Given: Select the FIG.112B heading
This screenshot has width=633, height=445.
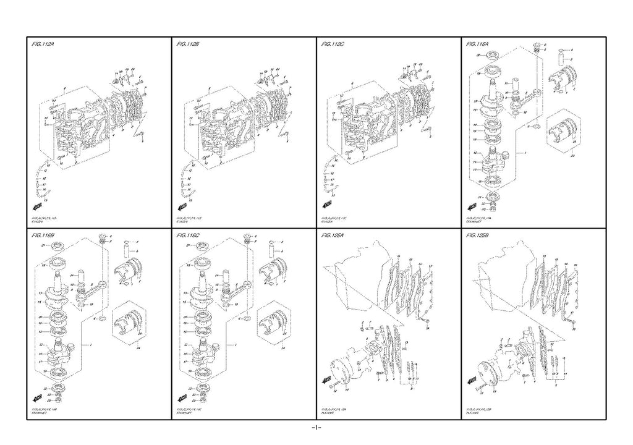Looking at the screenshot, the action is [189, 44].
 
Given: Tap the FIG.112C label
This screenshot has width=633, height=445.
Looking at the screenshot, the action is [334, 44].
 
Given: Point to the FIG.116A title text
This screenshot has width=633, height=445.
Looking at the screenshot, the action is [479, 44].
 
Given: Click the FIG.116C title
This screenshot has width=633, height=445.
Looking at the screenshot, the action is [189, 235].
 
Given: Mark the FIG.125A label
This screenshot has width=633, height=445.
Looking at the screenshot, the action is [334, 235].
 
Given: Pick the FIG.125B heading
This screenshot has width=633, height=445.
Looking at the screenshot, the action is [479, 235].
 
